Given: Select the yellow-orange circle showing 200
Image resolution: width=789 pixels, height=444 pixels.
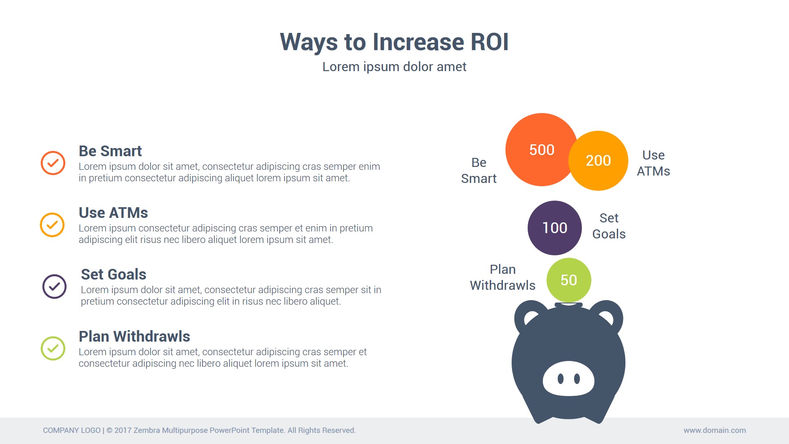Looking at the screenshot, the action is click(x=598, y=161).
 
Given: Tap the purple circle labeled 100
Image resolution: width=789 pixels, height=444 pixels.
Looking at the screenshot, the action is click(x=555, y=228).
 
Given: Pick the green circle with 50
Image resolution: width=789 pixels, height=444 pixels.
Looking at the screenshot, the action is click(x=569, y=280).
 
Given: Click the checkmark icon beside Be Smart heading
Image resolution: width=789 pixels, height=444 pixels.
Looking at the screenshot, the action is click(x=53, y=163).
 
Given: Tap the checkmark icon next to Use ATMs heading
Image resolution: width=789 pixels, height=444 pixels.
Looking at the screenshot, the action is click(x=52, y=224).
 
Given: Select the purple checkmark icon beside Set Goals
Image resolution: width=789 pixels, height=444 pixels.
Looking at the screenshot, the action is click(x=54, y=286).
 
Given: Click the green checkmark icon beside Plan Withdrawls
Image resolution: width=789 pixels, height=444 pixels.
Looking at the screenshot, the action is click(x=53, y=348).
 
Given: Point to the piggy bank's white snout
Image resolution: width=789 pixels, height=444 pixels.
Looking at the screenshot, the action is click(x=568, y=379).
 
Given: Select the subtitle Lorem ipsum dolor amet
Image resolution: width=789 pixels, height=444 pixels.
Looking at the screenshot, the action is click(x=394, y=67).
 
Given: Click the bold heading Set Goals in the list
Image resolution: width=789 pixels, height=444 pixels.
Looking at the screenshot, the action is click(x=113, y=274).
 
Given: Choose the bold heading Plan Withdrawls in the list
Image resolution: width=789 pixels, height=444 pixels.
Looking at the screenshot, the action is click(x=134, y=336).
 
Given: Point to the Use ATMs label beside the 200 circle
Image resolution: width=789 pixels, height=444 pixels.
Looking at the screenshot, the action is click(x=653, y=163).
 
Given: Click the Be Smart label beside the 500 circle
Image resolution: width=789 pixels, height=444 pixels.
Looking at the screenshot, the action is click(x=479, y=171).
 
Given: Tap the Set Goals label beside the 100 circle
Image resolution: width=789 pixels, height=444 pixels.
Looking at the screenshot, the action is click(x=609, y=226).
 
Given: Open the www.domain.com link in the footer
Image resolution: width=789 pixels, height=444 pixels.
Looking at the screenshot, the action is click(x=715, y=430).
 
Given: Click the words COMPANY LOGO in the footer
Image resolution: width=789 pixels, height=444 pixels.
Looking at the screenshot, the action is click(x=72, y=430).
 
